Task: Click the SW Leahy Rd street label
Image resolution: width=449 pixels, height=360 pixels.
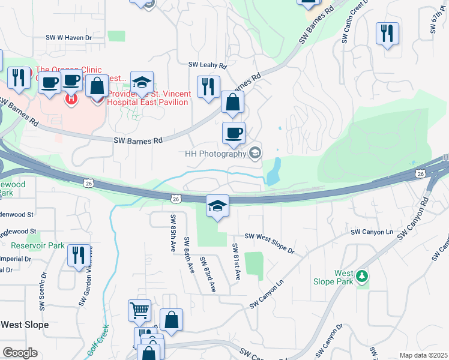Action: [207, 65]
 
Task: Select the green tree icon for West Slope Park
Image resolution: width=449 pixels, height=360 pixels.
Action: [361, 276]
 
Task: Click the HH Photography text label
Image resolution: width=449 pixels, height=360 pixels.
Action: [216, 154]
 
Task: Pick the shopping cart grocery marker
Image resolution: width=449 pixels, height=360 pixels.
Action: [139, 311]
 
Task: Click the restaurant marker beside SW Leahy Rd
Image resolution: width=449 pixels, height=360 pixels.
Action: [208, 86]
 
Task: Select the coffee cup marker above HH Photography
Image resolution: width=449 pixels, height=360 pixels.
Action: [234, 133]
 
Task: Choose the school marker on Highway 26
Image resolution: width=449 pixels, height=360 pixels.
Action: [217, 206]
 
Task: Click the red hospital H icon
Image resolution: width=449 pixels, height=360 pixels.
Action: [71, 98]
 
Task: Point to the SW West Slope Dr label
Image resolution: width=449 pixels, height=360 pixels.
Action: [268, 244]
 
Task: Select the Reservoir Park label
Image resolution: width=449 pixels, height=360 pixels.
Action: [37, 245]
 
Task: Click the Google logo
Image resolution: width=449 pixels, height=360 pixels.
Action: [20, 353]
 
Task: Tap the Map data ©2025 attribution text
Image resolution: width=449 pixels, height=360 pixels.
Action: [423, 355]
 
